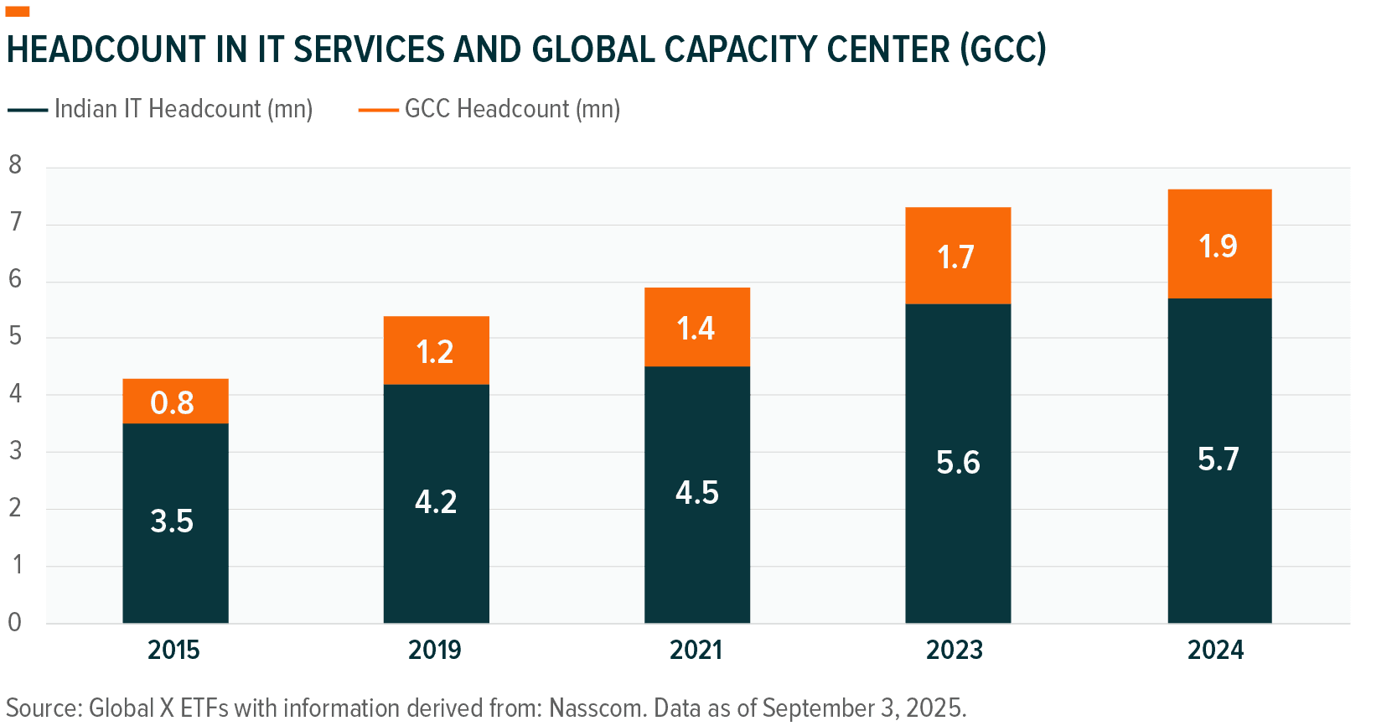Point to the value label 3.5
click(x=172, y=521)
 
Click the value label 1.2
click(x=435, y=352)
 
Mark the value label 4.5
click(x=697, y=493)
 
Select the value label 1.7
click(x=956, y=257)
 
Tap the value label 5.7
click(x=1218, y=459)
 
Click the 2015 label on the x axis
click(x=173, y=650)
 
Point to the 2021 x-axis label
click(x=696, y=650)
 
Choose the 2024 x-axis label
click(x=1215, y=650)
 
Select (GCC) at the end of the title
click(x=1003, y=49)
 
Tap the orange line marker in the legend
click(x=378, y=110)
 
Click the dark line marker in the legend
click(x=28, y=110)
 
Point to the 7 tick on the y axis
click(x=15, y=222)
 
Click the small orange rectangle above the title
click(x=18, y=11)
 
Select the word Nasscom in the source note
click(x=596, y=708)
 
